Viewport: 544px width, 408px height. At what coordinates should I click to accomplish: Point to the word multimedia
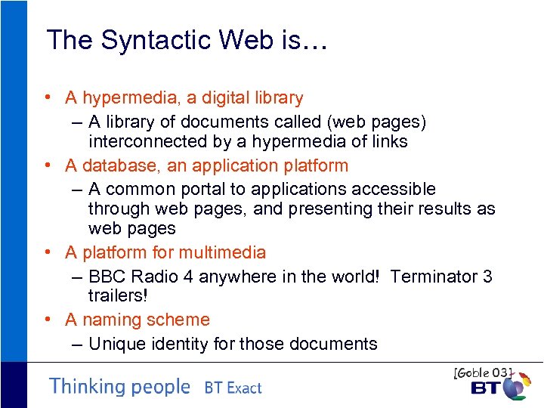pyautogui.click(x=226, y=252)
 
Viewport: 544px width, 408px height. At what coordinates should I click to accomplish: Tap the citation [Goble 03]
pyautogui.click(x=483, y=373)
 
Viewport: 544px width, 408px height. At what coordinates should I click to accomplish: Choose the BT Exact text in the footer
pyautogui.click(x=233, y=388)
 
